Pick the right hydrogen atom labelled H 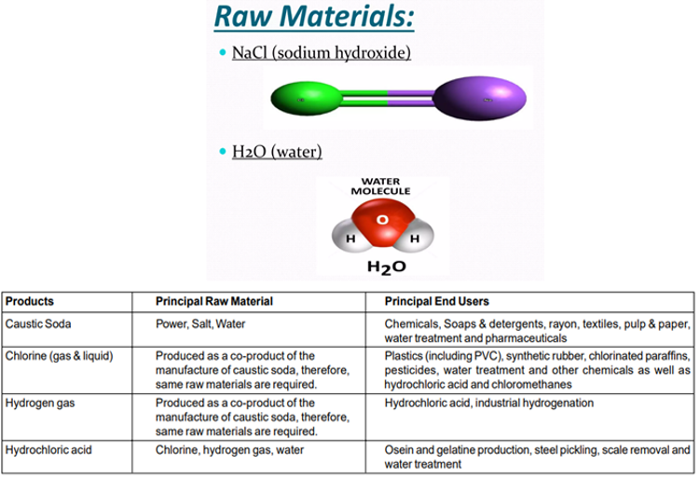pos(414,239)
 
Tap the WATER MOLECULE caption pos(380,185)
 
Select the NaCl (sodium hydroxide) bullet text pos(321,53)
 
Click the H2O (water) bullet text pos(277,151)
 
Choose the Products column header pos(29,302)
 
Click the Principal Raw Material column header pos(213,302)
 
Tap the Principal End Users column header pos(436,302)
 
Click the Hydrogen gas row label pos(38,404)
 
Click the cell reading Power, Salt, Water pos(201,324)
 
